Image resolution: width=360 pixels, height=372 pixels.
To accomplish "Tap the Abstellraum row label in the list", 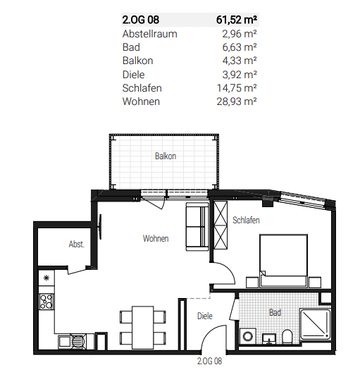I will [149, 34].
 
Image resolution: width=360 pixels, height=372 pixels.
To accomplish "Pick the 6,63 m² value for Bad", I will [238, 47].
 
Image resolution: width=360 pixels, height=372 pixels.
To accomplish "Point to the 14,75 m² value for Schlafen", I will [236, 88].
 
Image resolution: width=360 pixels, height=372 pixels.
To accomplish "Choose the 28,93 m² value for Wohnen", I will [236, 101].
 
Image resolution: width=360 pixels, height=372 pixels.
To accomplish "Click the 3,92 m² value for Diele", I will [238, 74].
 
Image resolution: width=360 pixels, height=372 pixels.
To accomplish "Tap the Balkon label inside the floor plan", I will [165, 156].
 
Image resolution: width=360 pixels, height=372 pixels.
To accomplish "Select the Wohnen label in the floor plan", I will [155, 239].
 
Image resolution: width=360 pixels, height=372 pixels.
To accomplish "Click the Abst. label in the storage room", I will [76, 245].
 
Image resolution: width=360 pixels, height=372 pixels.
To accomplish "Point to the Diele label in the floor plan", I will [204, 316].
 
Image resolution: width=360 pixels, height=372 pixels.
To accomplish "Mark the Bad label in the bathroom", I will [275, 311].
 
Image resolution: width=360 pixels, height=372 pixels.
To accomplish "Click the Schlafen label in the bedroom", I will [246, 221].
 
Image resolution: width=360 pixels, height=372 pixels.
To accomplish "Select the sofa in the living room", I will [195, 227].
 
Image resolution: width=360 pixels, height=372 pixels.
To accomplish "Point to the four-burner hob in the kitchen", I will [47, 302].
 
